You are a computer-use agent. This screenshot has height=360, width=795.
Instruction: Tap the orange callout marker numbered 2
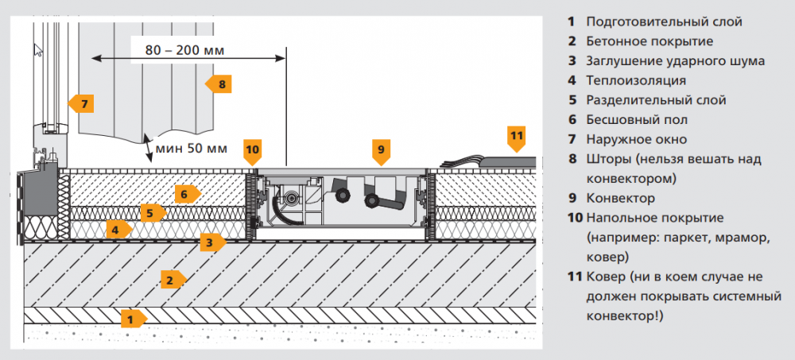(x=171, y=279)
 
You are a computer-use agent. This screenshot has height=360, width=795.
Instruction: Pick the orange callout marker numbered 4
(x=118, y=230)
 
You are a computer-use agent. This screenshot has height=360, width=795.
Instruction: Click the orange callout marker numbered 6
(x=186, y=193)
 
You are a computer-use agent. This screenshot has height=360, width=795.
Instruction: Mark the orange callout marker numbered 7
(x=81, y=103)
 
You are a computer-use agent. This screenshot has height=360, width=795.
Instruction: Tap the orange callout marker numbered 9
(x=381, y=149)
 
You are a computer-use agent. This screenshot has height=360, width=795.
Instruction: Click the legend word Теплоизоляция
(x=636, y=80)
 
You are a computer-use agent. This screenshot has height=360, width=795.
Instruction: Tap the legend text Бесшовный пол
(x=637, y=119)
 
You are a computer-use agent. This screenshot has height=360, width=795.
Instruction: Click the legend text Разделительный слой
(x=656, y=100)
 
